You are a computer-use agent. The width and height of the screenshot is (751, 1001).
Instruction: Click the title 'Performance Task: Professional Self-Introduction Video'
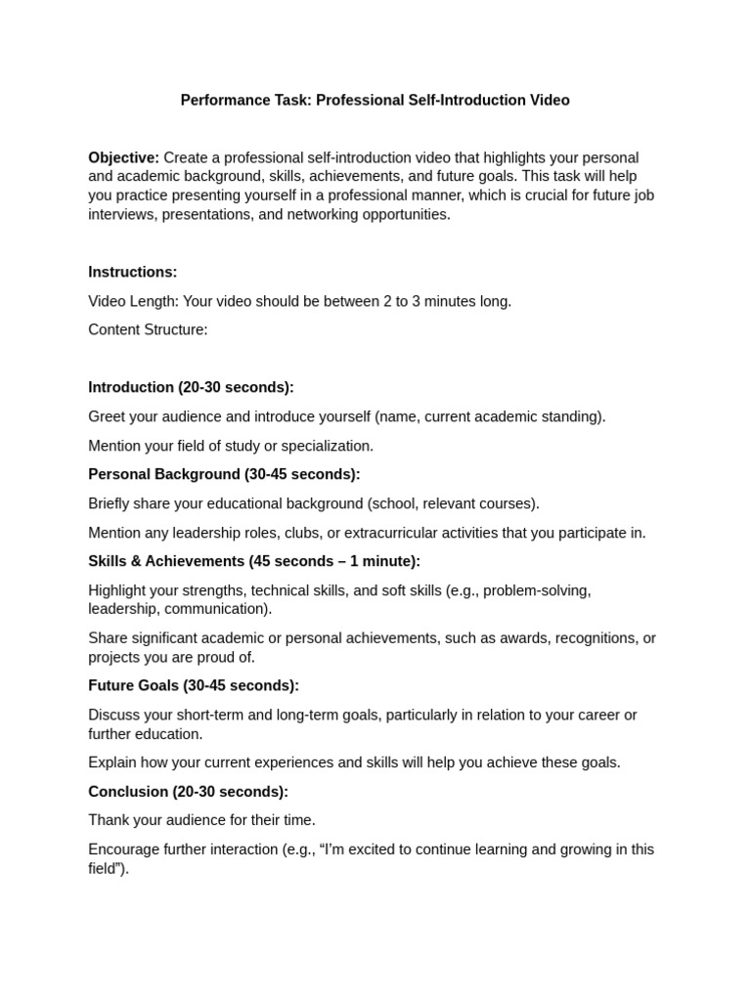[x=375, y=100]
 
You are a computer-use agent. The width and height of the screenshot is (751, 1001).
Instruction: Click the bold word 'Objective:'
[x=123, y=157]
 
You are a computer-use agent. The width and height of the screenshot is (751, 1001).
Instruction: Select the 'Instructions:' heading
[x=133, y=272]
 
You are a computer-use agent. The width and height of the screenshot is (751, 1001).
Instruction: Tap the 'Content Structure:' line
[x=148, y=329]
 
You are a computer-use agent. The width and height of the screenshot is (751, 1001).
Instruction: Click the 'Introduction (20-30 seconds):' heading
[x=191, y=387]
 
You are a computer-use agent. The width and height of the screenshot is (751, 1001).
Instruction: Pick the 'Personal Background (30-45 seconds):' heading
[x=224, y=474]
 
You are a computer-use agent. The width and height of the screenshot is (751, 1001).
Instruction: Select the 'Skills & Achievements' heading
[x=166, y=561]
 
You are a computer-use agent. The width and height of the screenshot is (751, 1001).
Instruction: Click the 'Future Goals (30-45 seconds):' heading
[x=194, y=685]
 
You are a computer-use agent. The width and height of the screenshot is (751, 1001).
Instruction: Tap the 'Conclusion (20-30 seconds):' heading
[x=188, y=791]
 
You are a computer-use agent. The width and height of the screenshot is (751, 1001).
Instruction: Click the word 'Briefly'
[x=110, y=503]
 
